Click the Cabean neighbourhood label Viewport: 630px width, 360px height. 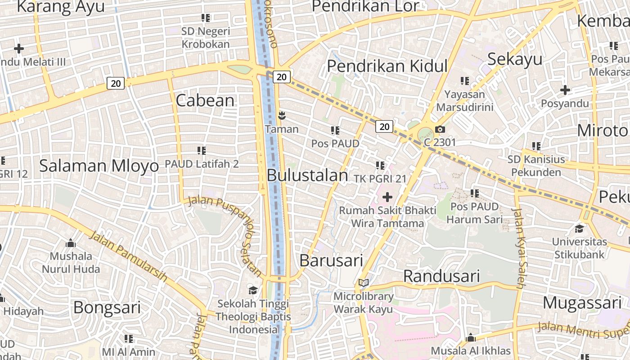tap(205, 100)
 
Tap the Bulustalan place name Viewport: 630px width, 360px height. tap(307, 175)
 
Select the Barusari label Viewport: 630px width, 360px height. tap(331, 260)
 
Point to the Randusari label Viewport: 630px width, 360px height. tap(441, 276)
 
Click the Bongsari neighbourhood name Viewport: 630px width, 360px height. tap(107, 308)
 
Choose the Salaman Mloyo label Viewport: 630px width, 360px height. tap(99, 166)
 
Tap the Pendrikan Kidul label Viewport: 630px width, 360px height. tap(387, 66)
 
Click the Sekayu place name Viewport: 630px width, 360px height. tap(515, 59)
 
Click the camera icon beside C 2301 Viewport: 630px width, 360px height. tap(440, 130)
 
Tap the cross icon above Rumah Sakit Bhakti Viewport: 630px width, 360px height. tap(387, 197)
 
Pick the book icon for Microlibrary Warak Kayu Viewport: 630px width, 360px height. tap(364, 283)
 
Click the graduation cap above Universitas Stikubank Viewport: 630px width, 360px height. tap(579, 229)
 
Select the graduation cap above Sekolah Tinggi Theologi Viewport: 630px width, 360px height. tap(253, 290)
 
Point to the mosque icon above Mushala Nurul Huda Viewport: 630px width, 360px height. tap(71, 243)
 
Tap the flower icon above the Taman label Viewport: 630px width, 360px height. tap(282, 116)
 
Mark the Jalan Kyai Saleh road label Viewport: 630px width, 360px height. tap(518, 247)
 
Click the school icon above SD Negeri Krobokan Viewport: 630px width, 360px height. tap(206, 18)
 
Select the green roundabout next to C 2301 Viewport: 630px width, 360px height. tap(425, 134)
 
